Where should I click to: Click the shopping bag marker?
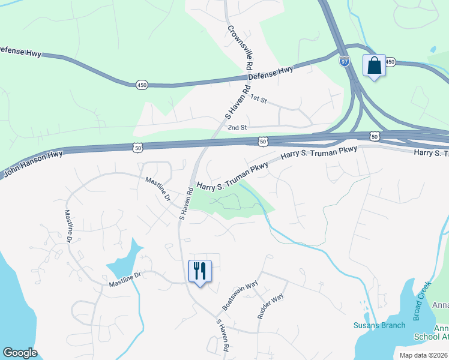click(x=374, y=66)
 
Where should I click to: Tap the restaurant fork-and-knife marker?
click(x=199, y=271)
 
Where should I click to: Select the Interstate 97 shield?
click(x=345, y=62)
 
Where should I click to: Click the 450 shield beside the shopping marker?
click(x=390, y=62)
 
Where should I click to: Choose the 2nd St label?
click(x=237, y=127)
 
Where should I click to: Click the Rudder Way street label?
click(x=270, y=306)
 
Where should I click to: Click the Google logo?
click(x=20, y=353)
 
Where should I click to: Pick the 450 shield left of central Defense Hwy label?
click(x=142, y=85)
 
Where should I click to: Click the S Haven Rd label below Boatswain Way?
click(x=222, y=335)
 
